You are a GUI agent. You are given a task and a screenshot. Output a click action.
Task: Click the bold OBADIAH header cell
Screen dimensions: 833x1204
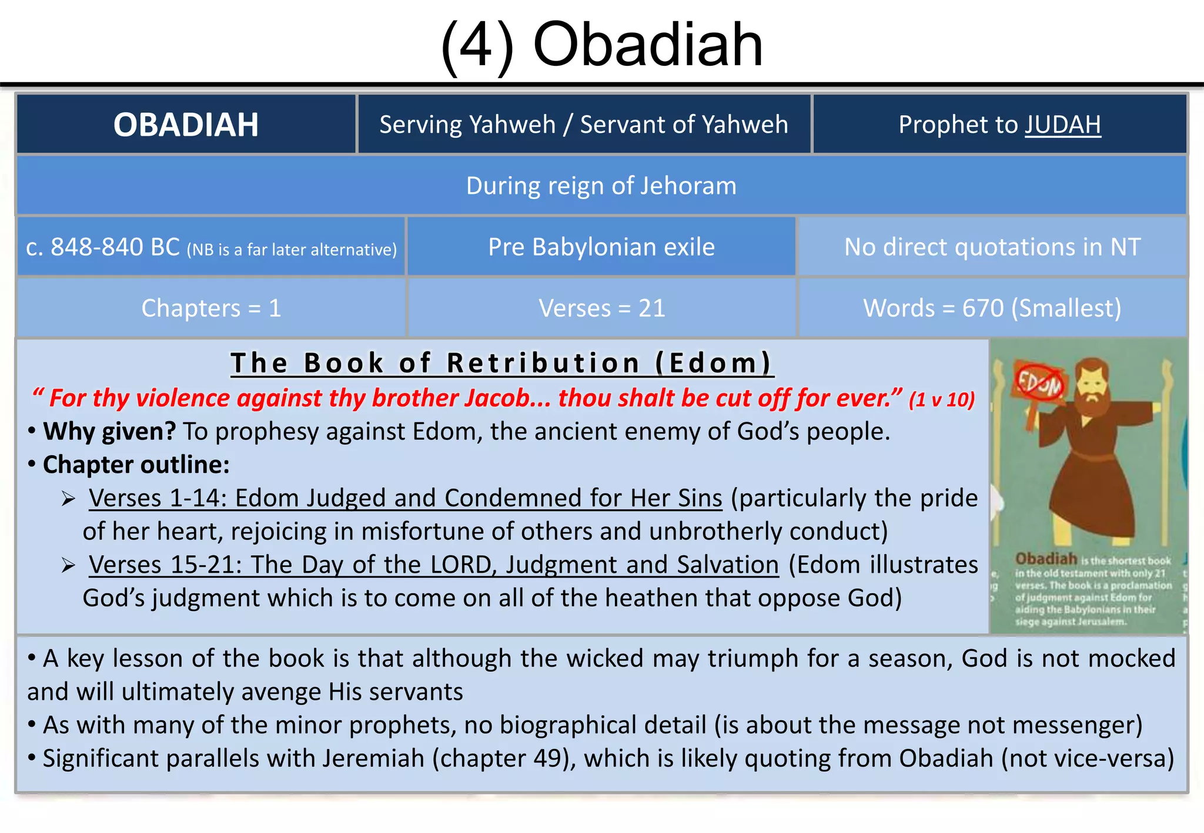186,125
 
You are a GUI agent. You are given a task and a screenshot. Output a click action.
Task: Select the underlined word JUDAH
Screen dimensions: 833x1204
1062,125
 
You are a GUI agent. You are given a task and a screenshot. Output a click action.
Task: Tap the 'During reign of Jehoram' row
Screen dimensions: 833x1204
601,186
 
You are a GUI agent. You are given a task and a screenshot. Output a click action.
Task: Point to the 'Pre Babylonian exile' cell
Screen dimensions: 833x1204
601,247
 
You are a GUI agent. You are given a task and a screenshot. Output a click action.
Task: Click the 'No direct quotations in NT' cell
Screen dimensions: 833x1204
992,247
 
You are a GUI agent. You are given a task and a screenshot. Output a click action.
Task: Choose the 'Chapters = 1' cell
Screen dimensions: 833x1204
211,308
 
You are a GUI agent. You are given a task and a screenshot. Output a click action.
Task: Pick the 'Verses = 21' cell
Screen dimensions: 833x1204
601,308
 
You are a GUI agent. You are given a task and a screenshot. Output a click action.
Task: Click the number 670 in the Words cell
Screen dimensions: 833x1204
982,308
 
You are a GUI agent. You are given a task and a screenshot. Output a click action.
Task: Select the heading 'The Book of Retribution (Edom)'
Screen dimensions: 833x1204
501,362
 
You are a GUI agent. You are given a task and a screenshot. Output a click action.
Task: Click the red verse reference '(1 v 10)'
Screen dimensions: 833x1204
941,399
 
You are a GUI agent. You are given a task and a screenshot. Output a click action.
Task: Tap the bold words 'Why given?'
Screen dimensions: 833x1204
109,431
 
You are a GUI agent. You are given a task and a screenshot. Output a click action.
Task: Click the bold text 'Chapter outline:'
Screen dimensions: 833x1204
136,465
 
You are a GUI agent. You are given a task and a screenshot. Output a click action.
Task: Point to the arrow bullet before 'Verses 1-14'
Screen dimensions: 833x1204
69,499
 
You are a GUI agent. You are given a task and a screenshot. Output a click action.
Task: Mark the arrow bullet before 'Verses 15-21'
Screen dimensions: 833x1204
69,566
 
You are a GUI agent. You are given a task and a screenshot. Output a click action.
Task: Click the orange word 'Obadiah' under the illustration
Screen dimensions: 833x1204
1046,559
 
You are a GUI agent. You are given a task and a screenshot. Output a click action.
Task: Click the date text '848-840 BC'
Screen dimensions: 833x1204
115,247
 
